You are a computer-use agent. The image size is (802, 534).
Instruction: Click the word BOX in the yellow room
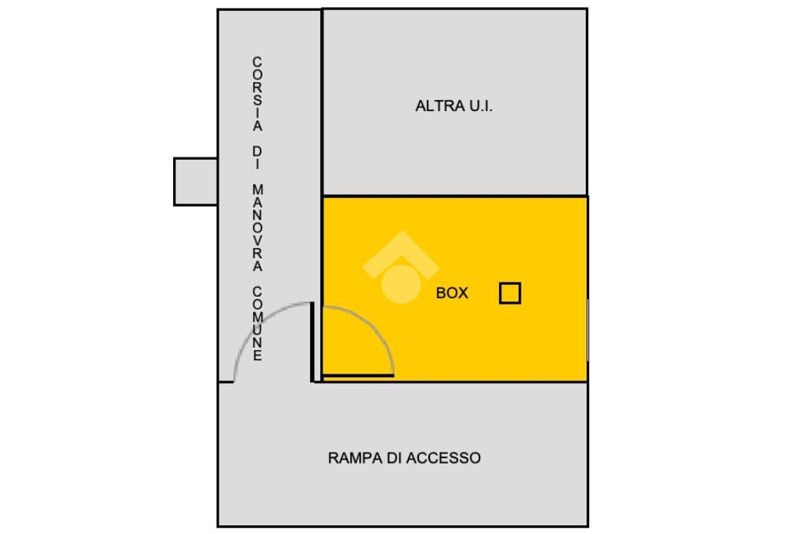coord(452,294)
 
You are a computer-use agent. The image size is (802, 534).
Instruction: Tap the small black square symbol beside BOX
coord(510,293)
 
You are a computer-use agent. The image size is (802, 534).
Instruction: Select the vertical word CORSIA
coord(258,94)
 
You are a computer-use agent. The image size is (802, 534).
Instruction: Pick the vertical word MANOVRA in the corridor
coord(258,228)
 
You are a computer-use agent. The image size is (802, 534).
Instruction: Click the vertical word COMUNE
coord(258,323)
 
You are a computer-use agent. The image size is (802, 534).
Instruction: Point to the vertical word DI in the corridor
coord(258,157)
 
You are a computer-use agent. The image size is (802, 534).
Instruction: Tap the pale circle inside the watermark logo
coord(400,283)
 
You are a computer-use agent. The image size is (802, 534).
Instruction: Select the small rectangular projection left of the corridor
coord(195,182)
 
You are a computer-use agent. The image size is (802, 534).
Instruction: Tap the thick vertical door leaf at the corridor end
coord(312,341)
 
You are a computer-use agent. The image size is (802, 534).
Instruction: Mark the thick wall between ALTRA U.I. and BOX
coord(454,196)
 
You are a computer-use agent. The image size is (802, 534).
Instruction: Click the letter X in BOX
coord(463,294)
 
